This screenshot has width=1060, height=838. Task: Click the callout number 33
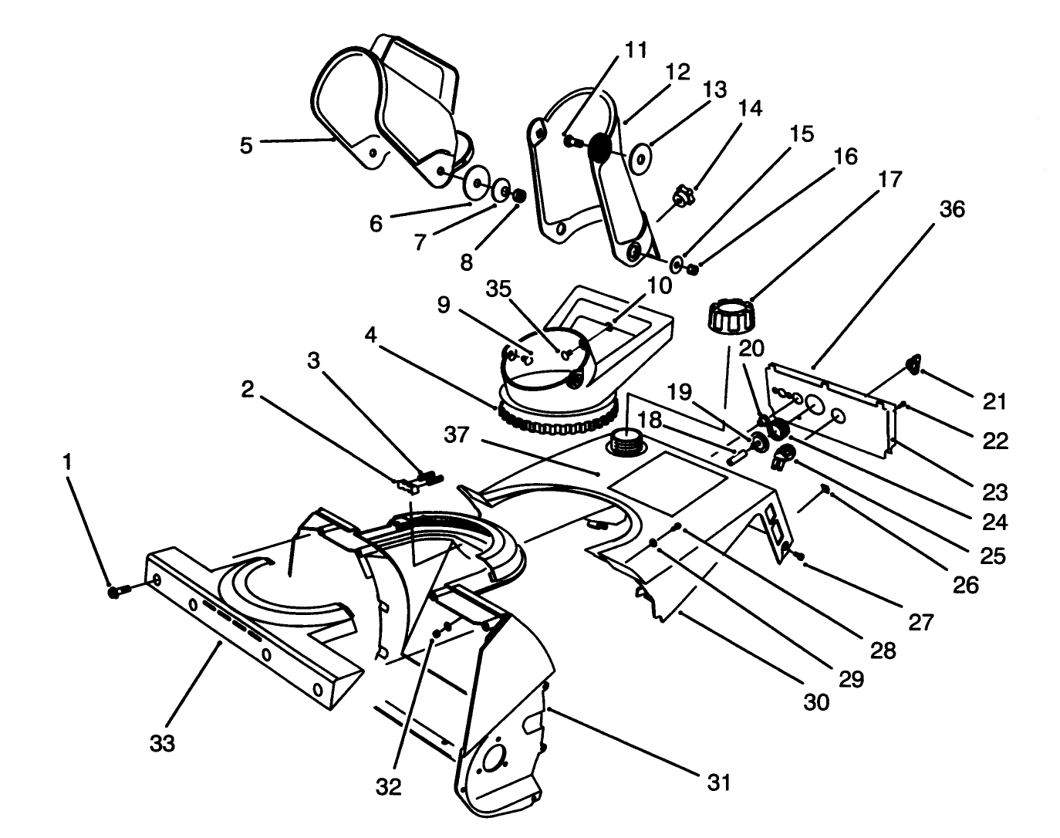[x=163, y=743]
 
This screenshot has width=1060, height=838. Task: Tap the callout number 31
[x=718, y=782]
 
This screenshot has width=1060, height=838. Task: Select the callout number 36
[x=953, y=209]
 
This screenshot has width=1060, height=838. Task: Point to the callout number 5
[x=245, y=145]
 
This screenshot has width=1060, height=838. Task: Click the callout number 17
[x=890, y=180]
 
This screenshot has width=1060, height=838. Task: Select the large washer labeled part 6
[x=479, y=184]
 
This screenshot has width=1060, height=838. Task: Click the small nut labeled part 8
[x=519, y=196]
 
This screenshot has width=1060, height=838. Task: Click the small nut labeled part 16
[x=693, y=269]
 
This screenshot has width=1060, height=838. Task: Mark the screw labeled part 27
[x=798, y=556]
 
